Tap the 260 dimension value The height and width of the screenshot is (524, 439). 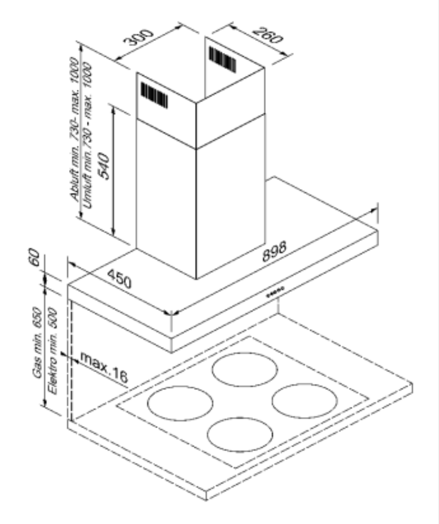(x=267, y=35)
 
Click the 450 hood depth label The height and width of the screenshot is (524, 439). (x=120, y=278)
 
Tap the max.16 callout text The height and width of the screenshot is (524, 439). (x=104, y=368)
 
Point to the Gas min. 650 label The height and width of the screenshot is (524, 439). (x=37, y=343)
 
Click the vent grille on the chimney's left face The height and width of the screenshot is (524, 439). (x=154, y=95)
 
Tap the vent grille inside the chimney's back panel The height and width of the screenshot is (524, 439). (x=223, y=60)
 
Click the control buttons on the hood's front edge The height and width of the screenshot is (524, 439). (x=275, y=292)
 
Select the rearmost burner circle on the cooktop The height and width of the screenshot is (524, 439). (x=245, y=370)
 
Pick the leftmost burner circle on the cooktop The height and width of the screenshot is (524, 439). (x=180, y=403)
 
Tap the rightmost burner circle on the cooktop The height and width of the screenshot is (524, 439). (x=305, y=401)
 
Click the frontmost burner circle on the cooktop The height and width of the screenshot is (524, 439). (x=240, y=434)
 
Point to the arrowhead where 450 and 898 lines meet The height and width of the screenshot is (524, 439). (x=171, y=313)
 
